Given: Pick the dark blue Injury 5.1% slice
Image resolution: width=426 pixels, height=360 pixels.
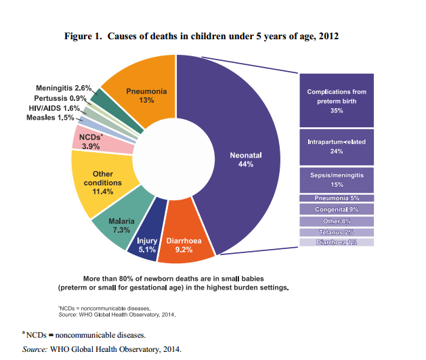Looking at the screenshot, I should point(146,244).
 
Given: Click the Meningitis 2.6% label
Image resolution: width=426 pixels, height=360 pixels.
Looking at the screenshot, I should point(63,88).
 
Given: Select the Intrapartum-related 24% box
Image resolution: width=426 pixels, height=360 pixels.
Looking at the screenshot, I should point(336,146).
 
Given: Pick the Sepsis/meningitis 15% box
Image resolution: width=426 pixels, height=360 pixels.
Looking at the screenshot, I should point(336,179).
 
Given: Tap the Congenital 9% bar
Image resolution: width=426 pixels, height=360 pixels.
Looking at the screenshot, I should point(336,209).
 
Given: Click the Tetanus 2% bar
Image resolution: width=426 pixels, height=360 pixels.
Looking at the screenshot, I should point(336,231).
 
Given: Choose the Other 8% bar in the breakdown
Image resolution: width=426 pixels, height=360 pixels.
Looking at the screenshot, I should point(336,221).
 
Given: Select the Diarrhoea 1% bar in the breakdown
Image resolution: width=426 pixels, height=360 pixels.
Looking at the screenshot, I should point(336,242).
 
